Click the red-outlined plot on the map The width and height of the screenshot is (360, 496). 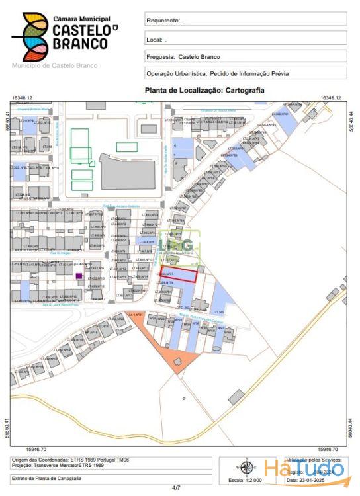pos(177,274)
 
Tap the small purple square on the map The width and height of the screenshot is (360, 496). pos(79,276)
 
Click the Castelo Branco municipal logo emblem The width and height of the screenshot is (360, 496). pos(30,37)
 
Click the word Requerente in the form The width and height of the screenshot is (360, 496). pos(162,21)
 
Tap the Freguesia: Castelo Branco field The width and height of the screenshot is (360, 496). pos(183,57)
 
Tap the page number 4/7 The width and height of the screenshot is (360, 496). pos(176,488)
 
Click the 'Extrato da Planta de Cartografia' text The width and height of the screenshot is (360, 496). pos(47,478)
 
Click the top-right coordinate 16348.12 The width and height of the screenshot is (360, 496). pos(330,98)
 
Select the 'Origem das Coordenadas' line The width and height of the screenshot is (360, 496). pos(60,460)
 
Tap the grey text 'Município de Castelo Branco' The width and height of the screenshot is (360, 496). pos(55,65)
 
